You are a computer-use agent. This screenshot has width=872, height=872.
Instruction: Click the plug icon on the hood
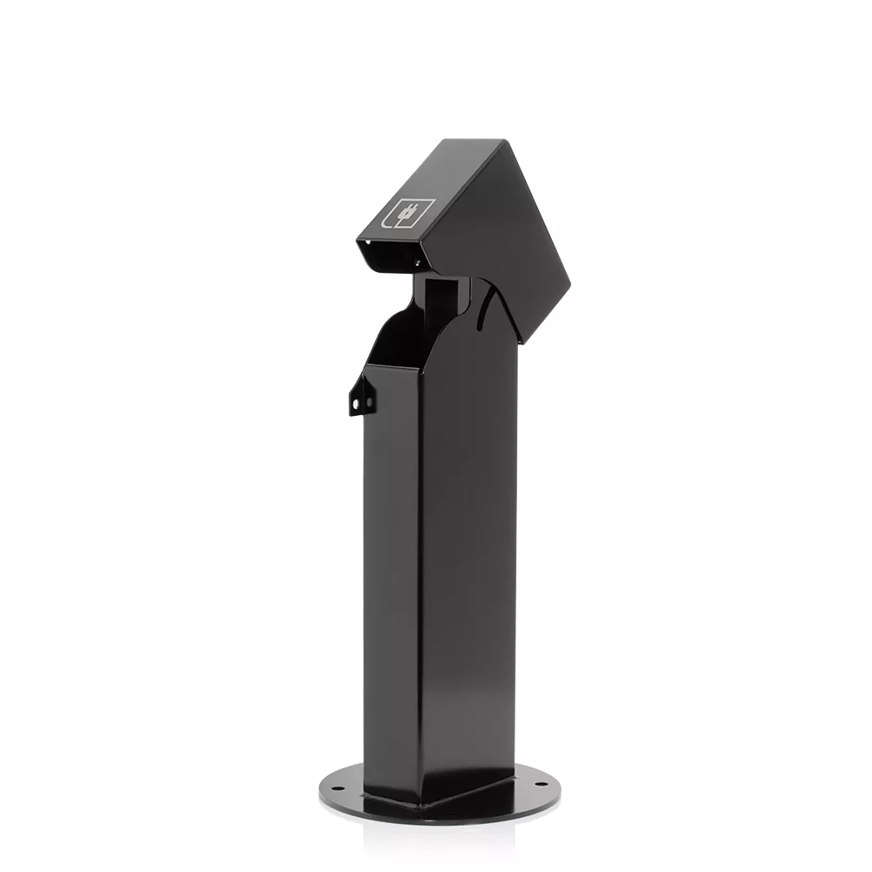406,212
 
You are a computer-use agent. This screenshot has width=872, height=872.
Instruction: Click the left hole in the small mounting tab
357,404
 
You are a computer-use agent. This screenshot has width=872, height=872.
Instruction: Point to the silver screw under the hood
417,262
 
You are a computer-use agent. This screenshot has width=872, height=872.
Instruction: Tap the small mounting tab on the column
361,397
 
